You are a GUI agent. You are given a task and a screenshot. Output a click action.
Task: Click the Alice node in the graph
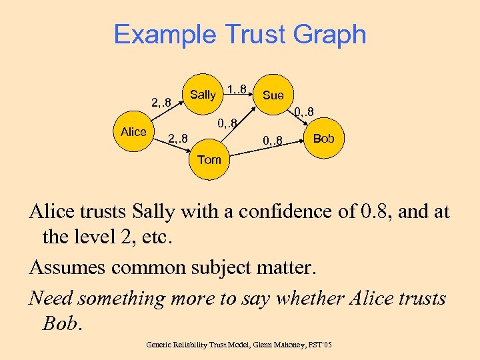[x=134, y=132]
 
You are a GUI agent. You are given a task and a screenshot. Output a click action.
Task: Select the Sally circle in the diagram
[x=203, y=95]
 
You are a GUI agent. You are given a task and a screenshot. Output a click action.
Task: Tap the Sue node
[x=273, y=95]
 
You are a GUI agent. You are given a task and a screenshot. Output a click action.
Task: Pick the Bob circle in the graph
[x=324, y=139]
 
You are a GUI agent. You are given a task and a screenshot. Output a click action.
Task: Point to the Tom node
[x=209, y=160]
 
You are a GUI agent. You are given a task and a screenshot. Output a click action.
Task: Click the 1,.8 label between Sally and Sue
[x=238, y=89]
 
